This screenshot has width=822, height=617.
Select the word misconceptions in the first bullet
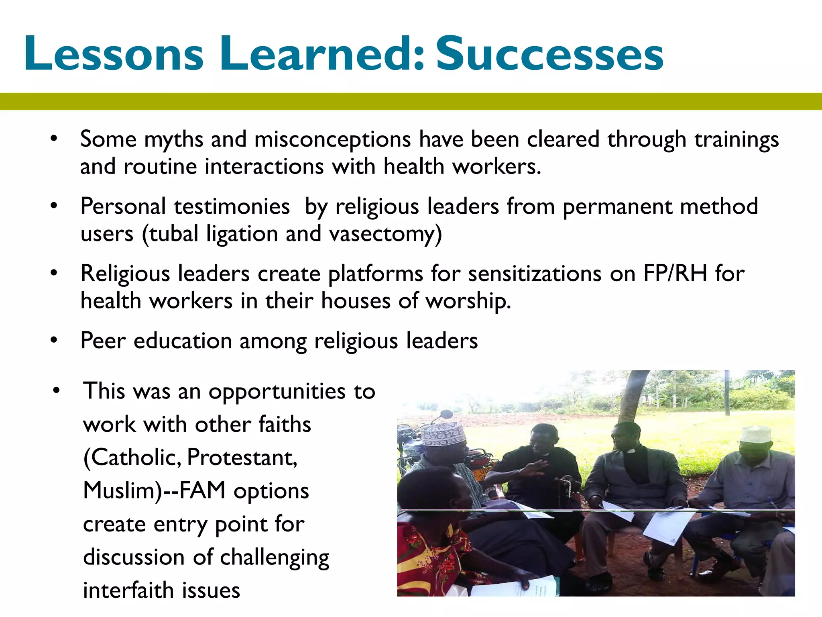pyautogui.click(x=332, y=140)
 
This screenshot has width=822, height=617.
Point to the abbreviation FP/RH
pyautogui.click(x=675, y=274)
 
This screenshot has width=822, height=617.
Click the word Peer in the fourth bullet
pyautogui.click(x=103, y=341)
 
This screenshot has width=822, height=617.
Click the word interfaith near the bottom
pyautogui.click(x=128, y=590)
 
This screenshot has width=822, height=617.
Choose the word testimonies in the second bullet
pyautogui.click(x=232, y=207)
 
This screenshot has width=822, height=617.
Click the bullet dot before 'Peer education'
pyautogui.click(x=54, y=341)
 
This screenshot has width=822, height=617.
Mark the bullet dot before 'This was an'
pyautogui.click(x=56, y=391)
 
